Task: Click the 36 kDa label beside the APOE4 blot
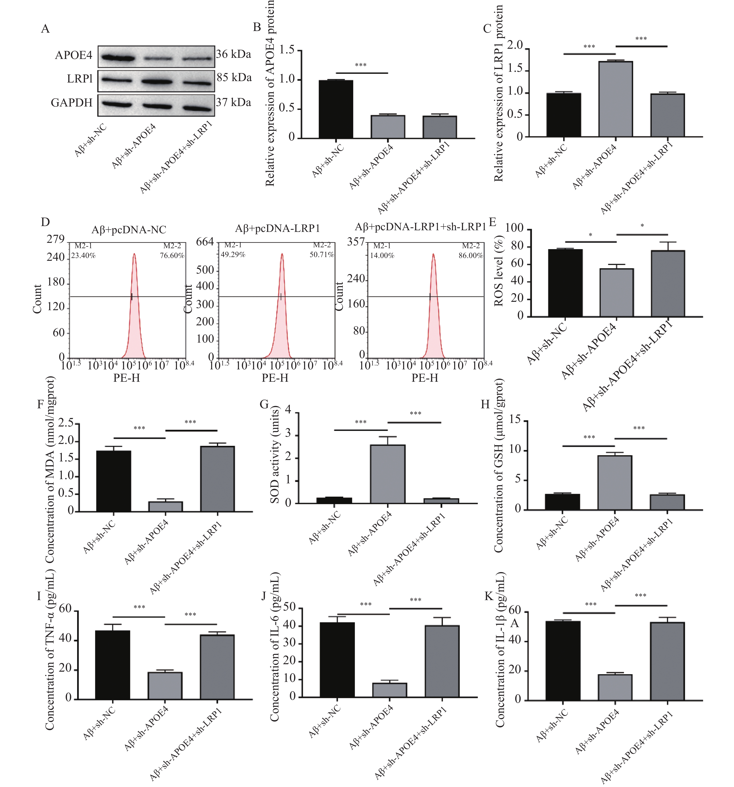pyautogui.click(x=233, y=54)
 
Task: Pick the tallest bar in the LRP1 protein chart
pyautogui.click(x=615, y=99)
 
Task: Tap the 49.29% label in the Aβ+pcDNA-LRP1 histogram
pyautogui.click(x=233, y=254)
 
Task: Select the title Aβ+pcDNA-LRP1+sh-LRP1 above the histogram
pyautogui.click(x=420, y=227)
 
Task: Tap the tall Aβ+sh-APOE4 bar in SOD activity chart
pyautogui.click(x=388, y=474)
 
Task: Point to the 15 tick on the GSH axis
pyautogui.click(x=515, y=420)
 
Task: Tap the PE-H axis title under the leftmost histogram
pyautogui.click(x=127, y=378)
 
